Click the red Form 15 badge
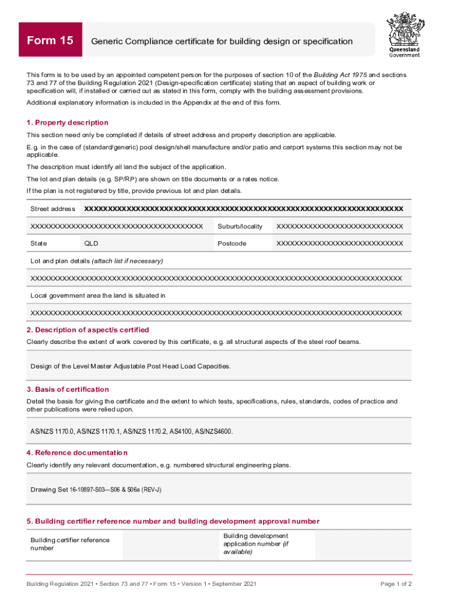pos(51,40)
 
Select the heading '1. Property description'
pos(67,122)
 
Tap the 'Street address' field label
pos(52,209)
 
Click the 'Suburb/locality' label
pos(240,226)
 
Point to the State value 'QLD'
pos(92,243)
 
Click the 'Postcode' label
pos(232,243)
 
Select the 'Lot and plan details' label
pos(96,261)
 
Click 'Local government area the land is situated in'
pos(98,296)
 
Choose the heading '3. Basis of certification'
pos(68,389)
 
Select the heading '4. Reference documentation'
pos(77,452)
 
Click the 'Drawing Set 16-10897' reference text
pos(96,489)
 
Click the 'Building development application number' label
pos(255,543)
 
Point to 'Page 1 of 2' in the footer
pos(396,584)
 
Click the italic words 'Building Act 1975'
pos(342,75)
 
